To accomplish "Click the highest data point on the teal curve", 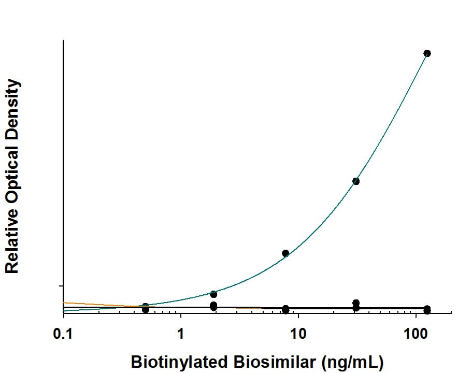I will [427, 53].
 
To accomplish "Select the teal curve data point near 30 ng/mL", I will [356, 181].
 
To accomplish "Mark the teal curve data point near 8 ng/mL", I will [285, 253].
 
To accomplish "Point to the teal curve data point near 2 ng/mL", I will [213, 294].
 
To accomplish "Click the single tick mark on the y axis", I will [61, 286].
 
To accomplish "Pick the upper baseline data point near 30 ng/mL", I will [356, 303].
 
